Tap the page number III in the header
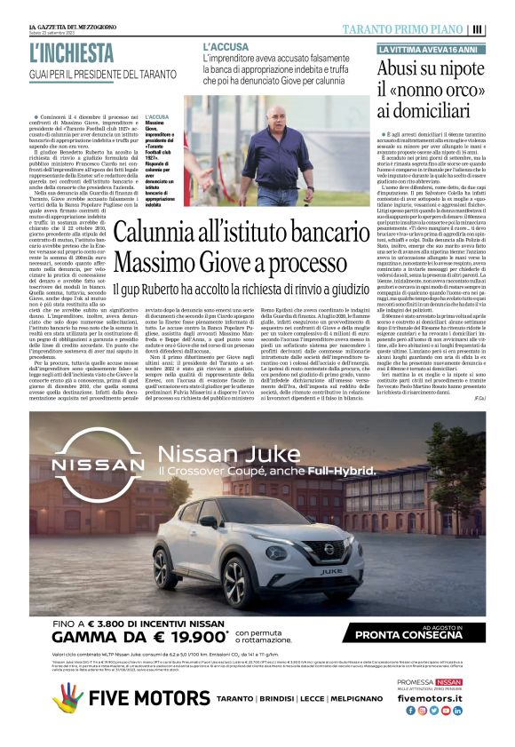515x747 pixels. coord(478,28)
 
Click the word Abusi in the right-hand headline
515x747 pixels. coord(399,68)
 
